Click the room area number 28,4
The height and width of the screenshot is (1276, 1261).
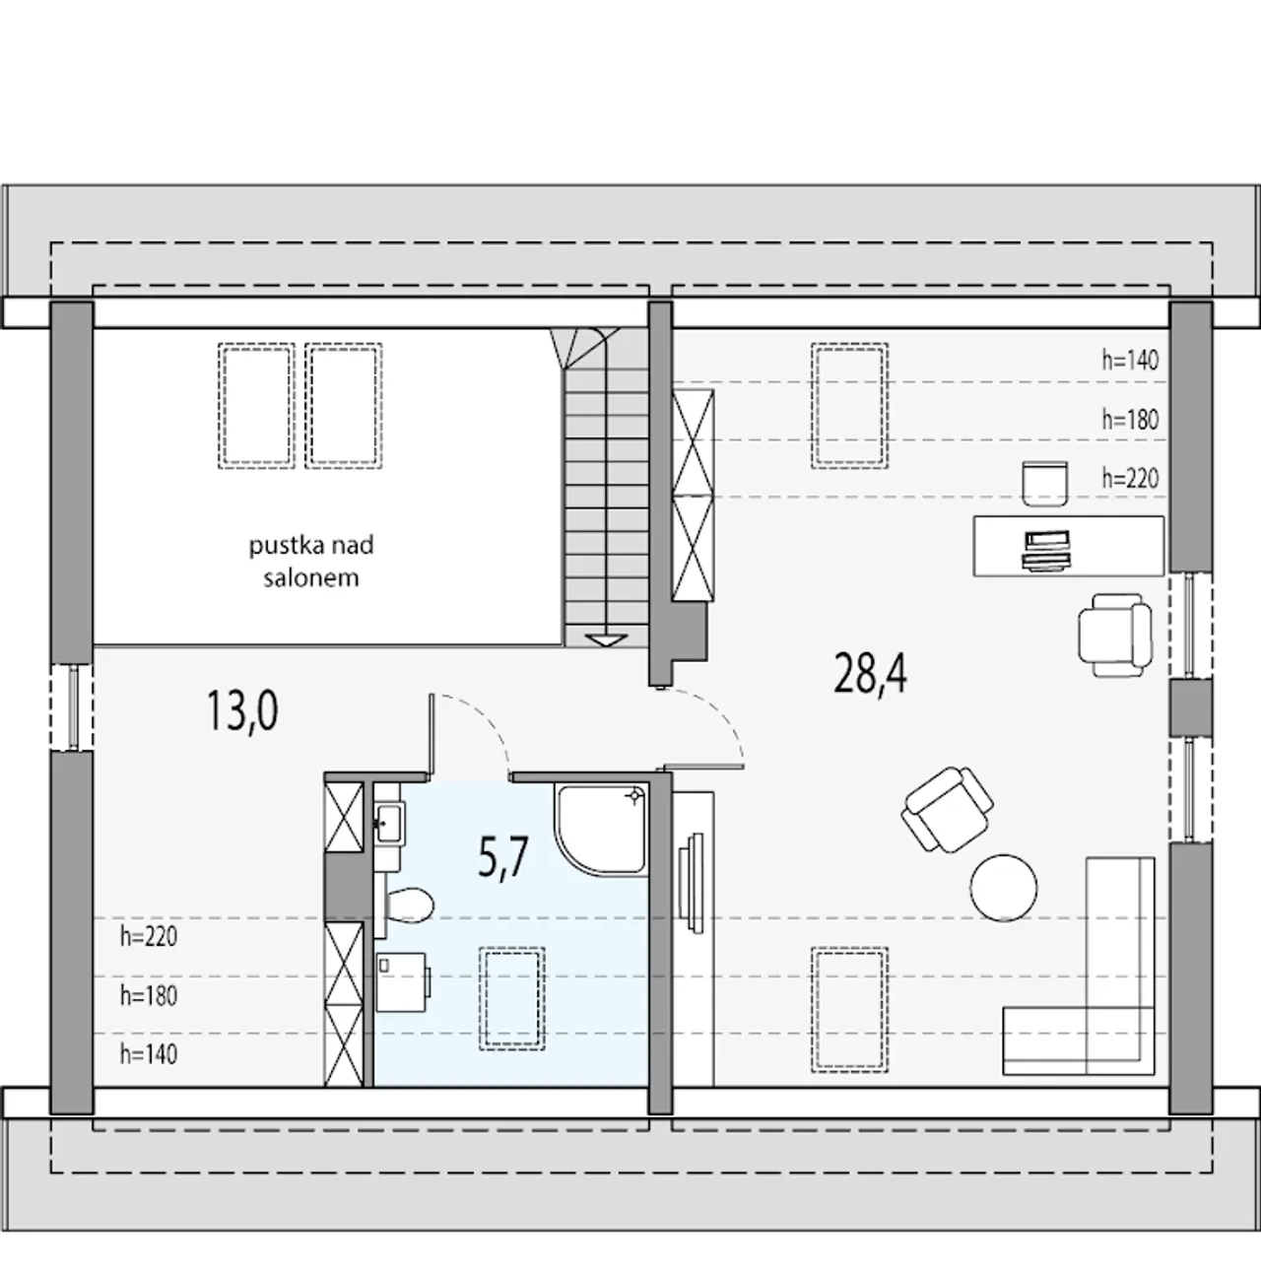pos(870,673)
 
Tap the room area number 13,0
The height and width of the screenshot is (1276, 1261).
pos(241,710)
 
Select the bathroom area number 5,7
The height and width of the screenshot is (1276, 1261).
pos(502,858)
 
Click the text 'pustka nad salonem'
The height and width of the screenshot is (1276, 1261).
pos(311,561)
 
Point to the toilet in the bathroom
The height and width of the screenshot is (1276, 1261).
pos(405,905)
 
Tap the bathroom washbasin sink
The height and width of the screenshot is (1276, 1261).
pos(389,823)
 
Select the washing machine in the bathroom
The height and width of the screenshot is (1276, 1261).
pos(403,981)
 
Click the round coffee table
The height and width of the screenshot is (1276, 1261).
pos(1003,888)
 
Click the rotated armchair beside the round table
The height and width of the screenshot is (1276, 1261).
pos(947,809)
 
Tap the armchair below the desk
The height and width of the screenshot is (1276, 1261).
pos(1114,635)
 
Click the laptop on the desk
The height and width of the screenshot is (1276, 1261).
pos(1046,551)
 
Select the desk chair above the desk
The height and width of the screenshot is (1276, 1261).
pos(1044,484)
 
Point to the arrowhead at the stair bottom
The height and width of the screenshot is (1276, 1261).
pos(605,640)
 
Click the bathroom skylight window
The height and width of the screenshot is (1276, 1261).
pos(512,998)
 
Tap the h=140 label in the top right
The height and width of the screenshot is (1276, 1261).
pos(1130,361)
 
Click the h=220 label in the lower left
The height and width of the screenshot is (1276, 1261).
pos(149,937)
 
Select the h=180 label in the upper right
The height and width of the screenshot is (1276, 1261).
pos(1130,420)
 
